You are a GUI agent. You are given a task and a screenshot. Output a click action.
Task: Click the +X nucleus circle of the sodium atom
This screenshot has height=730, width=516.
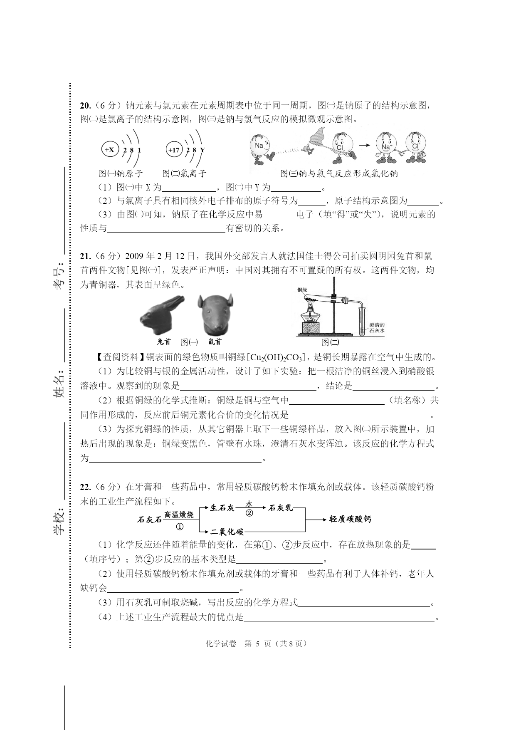coord(109,150)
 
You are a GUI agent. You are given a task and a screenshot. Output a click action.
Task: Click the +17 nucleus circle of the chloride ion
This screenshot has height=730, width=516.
coord(174,150)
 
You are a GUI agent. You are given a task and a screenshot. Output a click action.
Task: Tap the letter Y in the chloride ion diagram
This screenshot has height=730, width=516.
coord(202,150)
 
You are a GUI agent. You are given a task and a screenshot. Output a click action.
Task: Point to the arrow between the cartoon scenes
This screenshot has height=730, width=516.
coord(364,145)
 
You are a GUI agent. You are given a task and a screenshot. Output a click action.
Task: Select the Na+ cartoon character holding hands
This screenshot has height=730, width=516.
coord(385,147)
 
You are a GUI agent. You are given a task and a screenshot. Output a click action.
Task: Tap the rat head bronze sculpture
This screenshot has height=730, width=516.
coord(215,314)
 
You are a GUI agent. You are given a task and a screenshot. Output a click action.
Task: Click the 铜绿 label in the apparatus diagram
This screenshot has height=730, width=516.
coord(302,290)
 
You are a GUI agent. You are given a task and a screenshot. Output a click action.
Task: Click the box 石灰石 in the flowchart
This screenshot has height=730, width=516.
coord(149,520)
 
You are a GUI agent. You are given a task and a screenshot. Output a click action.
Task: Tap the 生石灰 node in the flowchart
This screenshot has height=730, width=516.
coord(222,508)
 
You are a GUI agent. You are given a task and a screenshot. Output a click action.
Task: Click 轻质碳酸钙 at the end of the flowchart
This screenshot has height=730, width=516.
coord(350,519)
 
